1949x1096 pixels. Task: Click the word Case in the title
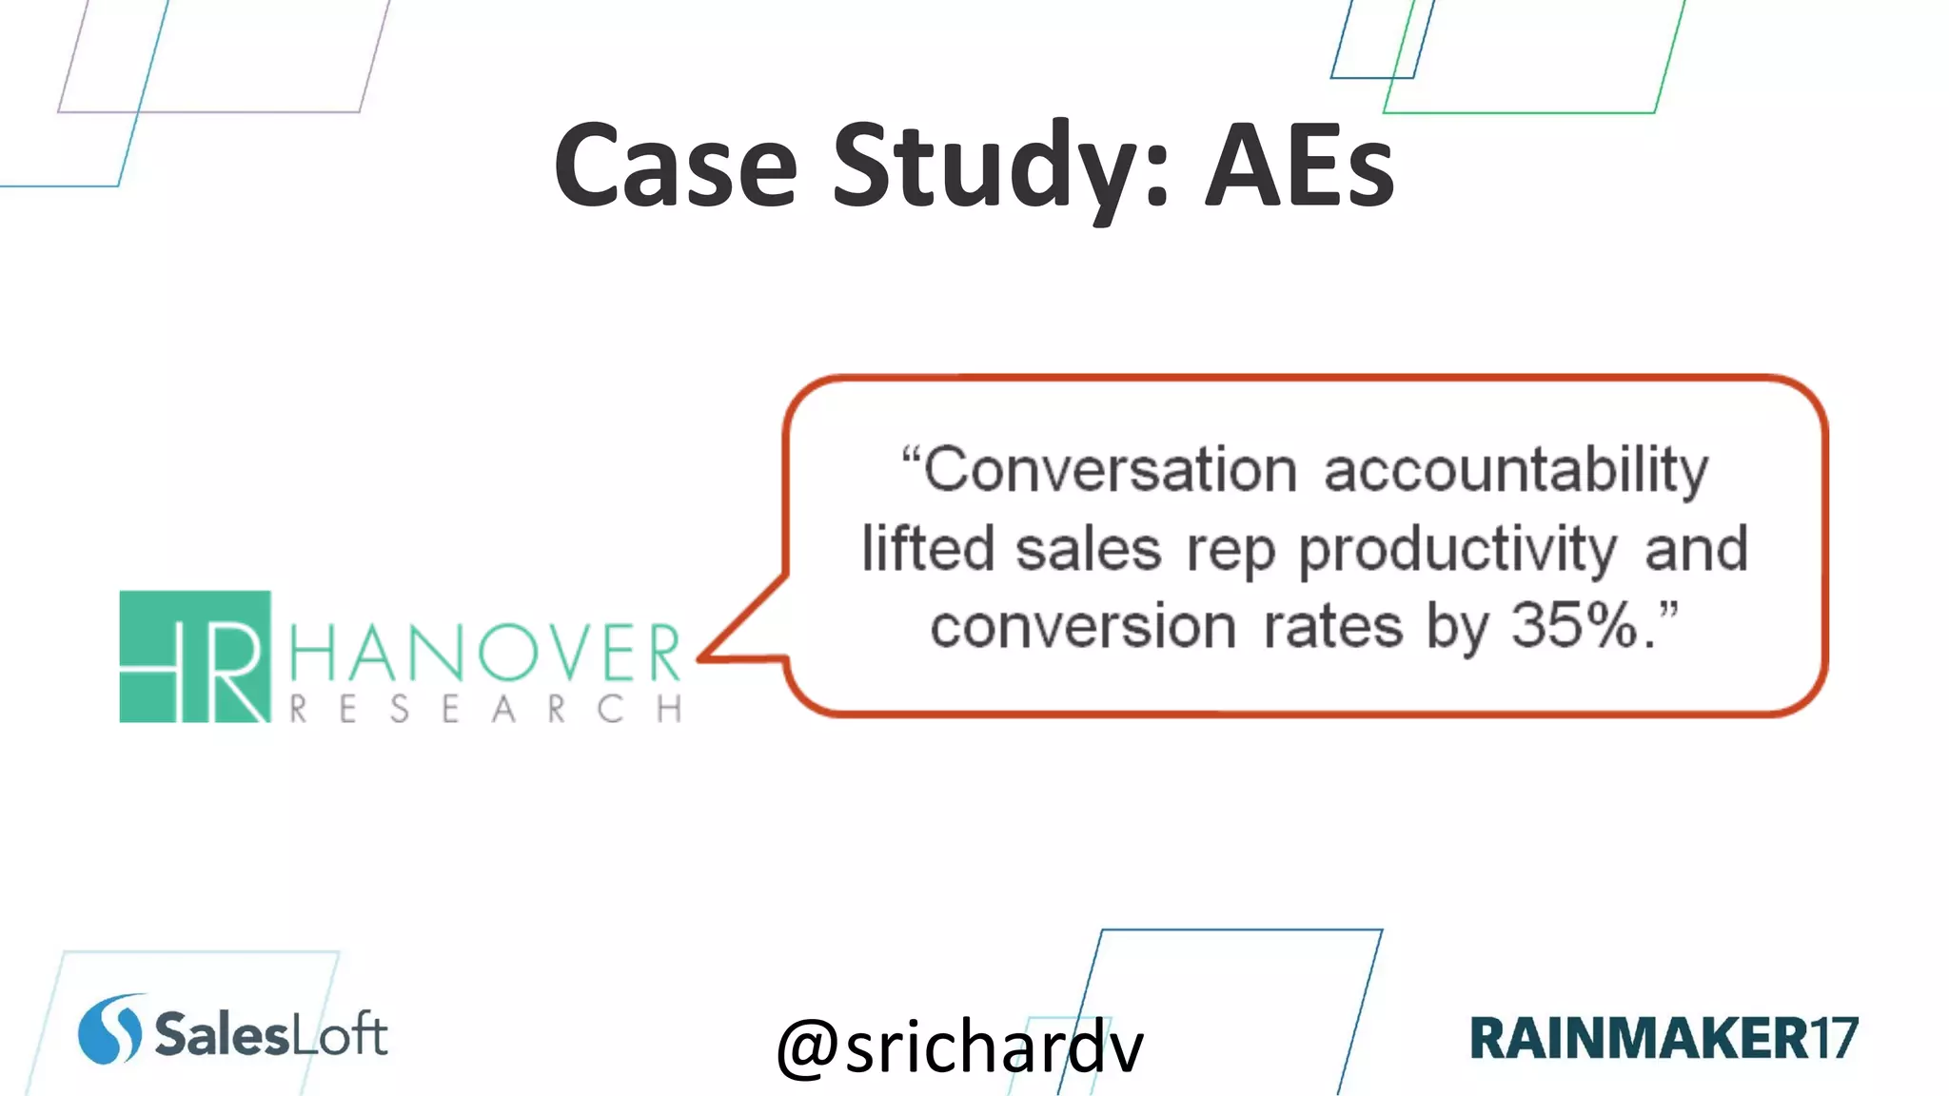[x=675, y=166]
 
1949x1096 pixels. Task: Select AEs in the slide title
[x=1299, y=166]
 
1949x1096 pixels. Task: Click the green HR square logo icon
[x=195, y=656]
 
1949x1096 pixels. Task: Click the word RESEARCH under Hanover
[x=484, y=709]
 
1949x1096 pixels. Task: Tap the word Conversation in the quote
[x=1110, y=470]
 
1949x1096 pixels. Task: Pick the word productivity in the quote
[x=1457, y=550]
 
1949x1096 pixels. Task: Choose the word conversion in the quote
[x=1083, y=628]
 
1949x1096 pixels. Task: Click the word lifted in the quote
[x=928, y=550]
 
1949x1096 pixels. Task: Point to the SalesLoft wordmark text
[x=271, y=1034]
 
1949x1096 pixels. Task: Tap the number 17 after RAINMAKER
[x=1834, y=1038]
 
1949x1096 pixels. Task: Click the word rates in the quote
[x=1332, y=628]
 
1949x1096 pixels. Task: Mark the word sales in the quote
[x=1089, y=550]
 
